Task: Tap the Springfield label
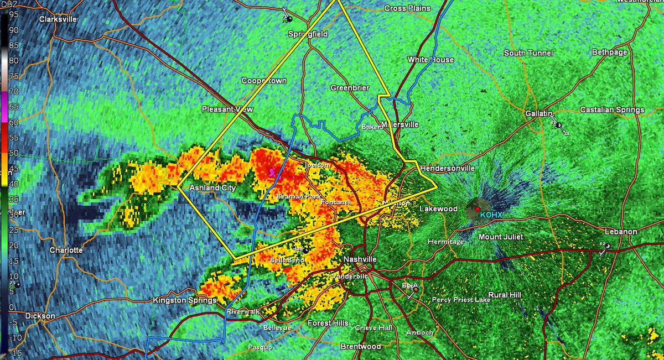(308, 34)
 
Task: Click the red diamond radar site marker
(477, 208)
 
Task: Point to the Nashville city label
(360, 259)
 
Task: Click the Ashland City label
(213, 188)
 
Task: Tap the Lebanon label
(620, 231)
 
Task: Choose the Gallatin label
(540, 113)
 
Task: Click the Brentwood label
(360, 346)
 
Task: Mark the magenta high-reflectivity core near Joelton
(272, 173)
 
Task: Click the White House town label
(430, 60)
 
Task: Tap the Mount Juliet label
(501, 237)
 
